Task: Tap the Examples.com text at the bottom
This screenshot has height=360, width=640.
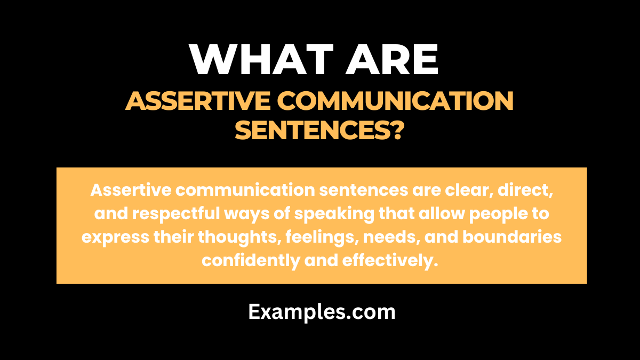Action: click(322, 312)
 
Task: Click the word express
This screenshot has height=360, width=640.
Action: click(114, 236)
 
